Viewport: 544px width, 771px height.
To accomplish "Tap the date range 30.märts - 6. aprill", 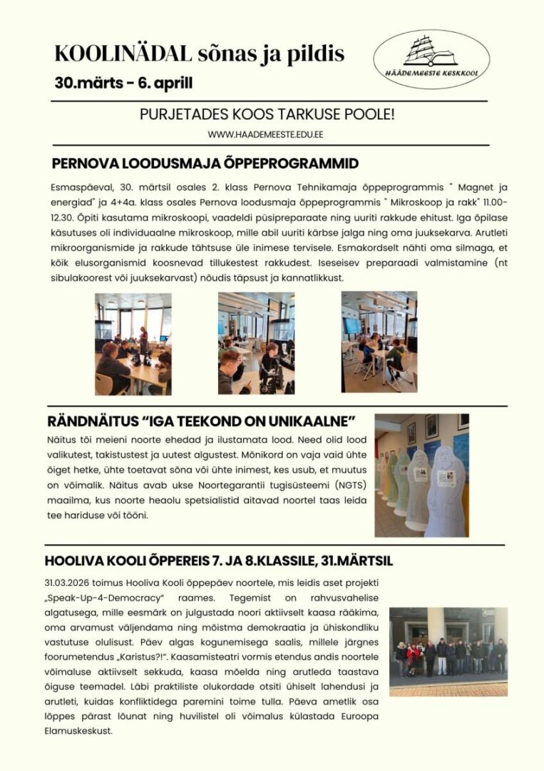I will point(123,82).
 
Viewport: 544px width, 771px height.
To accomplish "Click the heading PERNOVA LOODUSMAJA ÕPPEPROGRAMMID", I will point(205,163).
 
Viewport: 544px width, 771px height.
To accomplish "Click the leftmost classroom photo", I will point(133,343).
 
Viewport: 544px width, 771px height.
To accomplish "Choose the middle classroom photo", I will point(256,343).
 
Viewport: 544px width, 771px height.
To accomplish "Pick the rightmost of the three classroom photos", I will point(379,342).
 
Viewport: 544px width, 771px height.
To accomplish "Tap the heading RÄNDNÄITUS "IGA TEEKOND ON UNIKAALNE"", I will point(201,420).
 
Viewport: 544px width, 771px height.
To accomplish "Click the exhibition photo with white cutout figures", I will point(421,475).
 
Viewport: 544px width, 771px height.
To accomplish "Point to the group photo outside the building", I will point(448,651).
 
